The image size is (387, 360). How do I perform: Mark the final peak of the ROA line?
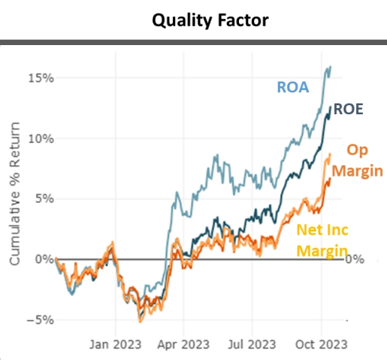(x=331, y=67)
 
